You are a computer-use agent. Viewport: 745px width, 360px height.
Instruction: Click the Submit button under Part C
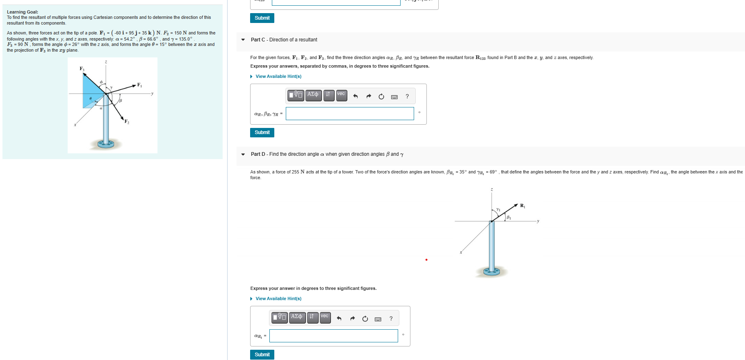pos(262,132)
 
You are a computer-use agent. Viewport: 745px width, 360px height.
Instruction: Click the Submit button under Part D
pos(262,355)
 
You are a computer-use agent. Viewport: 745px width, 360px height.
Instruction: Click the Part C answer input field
pos(350,114)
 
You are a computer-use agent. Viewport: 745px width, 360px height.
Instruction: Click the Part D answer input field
pos(333,336)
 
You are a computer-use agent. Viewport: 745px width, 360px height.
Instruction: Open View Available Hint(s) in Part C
pos(278,77)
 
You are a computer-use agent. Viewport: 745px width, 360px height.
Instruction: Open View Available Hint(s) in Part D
pos(278,299)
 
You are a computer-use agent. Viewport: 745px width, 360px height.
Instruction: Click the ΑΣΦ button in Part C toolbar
pos(313,95)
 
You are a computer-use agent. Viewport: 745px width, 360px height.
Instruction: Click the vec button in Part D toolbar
pos(325,317)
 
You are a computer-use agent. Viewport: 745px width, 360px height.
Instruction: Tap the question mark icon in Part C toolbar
pos(407,96)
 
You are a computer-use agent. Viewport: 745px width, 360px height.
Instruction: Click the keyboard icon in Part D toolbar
pos(378,319)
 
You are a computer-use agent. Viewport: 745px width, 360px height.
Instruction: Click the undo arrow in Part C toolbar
pos(355,96)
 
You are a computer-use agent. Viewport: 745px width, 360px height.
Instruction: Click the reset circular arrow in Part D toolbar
pos(365,319)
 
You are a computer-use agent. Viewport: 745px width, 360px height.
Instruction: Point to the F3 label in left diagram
pos(82,68)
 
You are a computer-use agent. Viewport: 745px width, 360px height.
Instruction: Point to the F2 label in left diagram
pos(127,121)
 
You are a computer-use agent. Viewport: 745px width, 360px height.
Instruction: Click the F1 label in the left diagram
pos(139,85)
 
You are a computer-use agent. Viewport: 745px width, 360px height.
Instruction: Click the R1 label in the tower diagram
pos(522,205)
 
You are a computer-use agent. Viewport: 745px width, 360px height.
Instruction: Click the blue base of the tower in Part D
pos(491,271)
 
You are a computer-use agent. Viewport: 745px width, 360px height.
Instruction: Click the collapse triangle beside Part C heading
pos(243,40)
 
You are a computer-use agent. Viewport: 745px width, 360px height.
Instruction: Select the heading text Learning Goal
pos(23,12)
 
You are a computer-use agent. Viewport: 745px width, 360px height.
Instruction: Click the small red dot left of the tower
pos(426,260)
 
